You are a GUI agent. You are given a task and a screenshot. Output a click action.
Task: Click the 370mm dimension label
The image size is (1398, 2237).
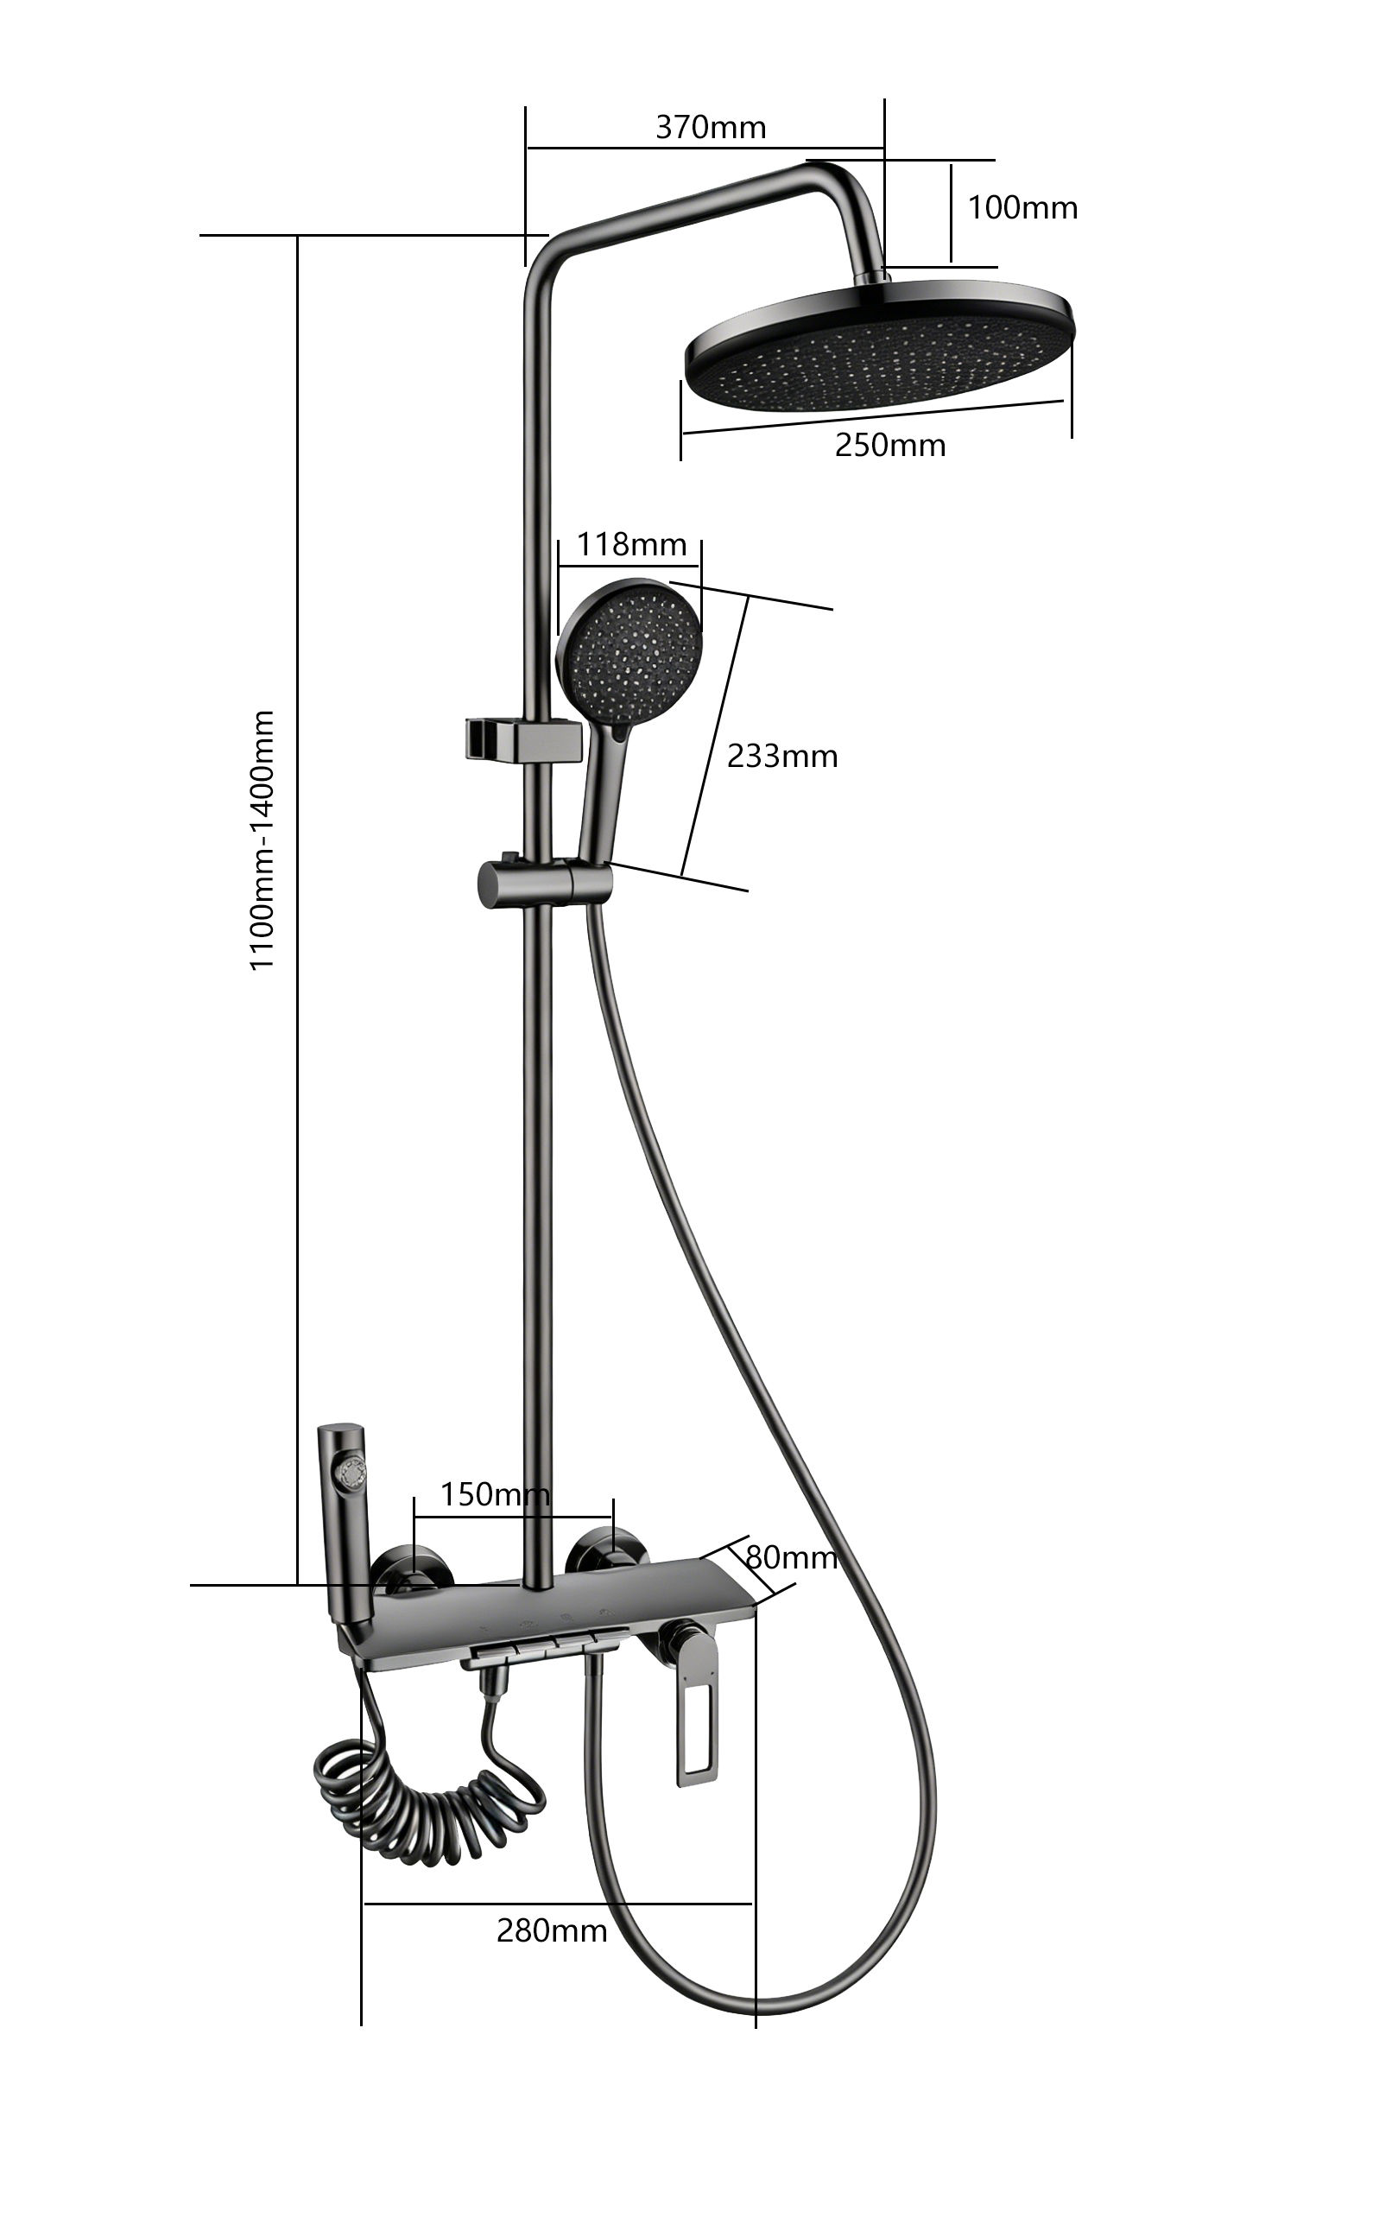[x=710, y=127]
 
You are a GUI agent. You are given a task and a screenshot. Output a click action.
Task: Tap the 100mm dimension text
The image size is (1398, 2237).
[x=1022, y=207]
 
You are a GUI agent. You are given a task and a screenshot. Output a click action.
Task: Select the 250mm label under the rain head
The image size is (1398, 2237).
[x=890, y=445]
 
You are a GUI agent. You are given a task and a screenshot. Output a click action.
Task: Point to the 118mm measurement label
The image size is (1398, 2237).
[x=631, y=544]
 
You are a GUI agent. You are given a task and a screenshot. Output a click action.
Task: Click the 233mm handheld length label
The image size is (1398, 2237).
[x=782, y=756]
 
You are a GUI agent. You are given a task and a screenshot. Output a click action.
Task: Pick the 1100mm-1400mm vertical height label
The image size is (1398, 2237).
[x=263, y=840]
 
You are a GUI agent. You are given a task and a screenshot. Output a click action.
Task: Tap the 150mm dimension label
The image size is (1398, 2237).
[x=495, y=1493]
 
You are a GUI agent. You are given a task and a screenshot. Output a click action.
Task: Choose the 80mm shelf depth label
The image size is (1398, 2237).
[x=792, y=1557]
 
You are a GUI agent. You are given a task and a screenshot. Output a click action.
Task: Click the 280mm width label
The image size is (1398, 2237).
[x=552, y=1930]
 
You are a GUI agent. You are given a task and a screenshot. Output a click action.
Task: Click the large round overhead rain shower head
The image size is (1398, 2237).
[x=880, y=344]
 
